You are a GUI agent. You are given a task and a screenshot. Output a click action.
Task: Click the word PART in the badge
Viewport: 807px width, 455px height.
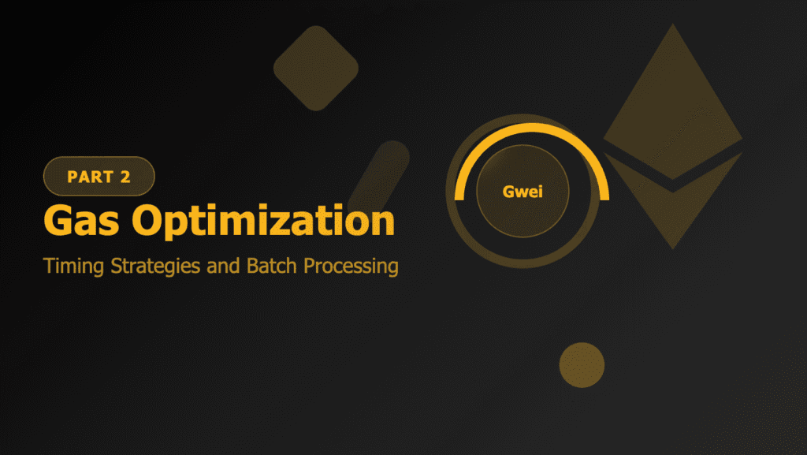[89, 177]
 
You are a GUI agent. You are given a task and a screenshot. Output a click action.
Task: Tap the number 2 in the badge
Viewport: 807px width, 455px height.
[125, 177]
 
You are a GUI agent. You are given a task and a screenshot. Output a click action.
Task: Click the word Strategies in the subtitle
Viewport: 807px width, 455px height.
[143, 267]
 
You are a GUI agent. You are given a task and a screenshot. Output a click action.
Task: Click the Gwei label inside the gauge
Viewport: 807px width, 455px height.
[523, 192]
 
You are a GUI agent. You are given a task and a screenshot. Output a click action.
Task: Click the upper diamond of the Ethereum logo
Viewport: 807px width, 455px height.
[673, 103]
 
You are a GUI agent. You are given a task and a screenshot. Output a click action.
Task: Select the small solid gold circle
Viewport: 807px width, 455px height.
[582, 365]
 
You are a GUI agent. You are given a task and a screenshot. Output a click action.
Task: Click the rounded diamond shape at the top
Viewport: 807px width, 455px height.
[315, 68]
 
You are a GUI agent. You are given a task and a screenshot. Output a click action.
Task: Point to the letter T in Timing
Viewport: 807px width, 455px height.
[49, 267]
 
